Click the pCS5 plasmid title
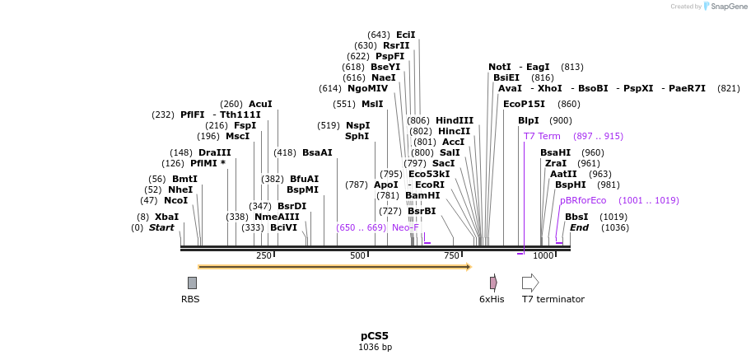coord(374,336)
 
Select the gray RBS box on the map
coord(192,283)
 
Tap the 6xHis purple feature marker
coord(492,283)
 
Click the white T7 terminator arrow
coord(530,283)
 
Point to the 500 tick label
coord(358,256)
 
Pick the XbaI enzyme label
coord(166,217)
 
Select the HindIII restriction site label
coord(455,120)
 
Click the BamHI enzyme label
coord(422,195)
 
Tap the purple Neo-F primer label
coord(405,227)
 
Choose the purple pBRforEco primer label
coord(583,200)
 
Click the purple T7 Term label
coord(542,136)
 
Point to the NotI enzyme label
coord(499,67)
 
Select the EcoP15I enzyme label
coord(524,104)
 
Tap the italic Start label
coord(161,227)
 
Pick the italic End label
coord(579,227)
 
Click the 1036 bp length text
coord(375,348)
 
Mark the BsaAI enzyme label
coord(317,152)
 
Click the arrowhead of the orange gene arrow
coord(469,267)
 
